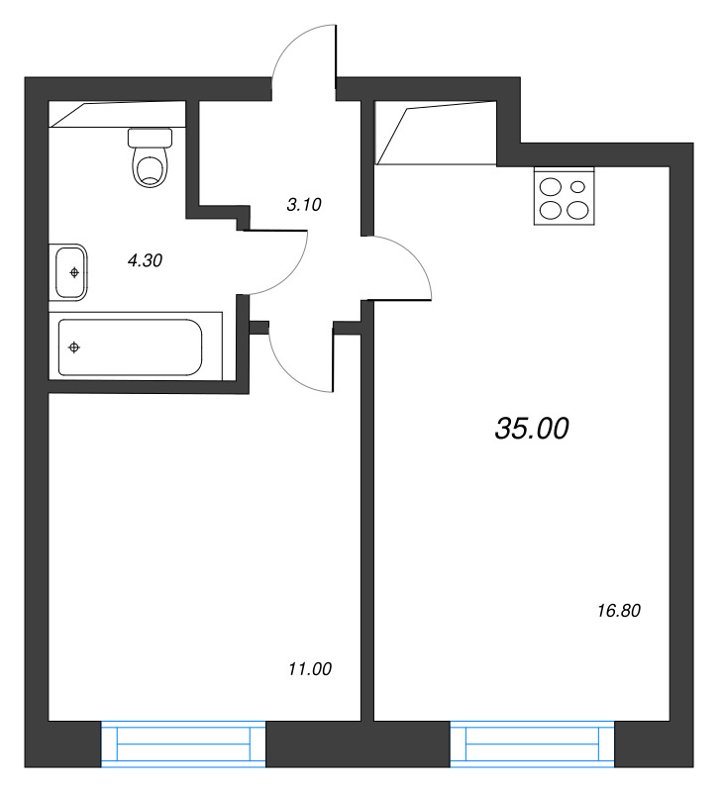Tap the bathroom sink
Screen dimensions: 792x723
(x=69, y=271)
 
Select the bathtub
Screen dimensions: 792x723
(x=130, y=347)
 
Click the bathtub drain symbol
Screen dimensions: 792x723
(x=74, y=346)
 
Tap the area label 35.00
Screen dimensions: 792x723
(x=531, y=428)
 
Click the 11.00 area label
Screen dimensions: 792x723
(x=309, y=669)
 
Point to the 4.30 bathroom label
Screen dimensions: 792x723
(x=145, y=261)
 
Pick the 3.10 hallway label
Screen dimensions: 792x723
(x=304, y=205)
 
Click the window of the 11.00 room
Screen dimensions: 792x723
(x=183, y=743)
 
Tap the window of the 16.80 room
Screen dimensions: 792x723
(x=532, y=743)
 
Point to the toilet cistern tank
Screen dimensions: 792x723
(x=152, y=137)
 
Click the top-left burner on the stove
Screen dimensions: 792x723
(x=550, y=184)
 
